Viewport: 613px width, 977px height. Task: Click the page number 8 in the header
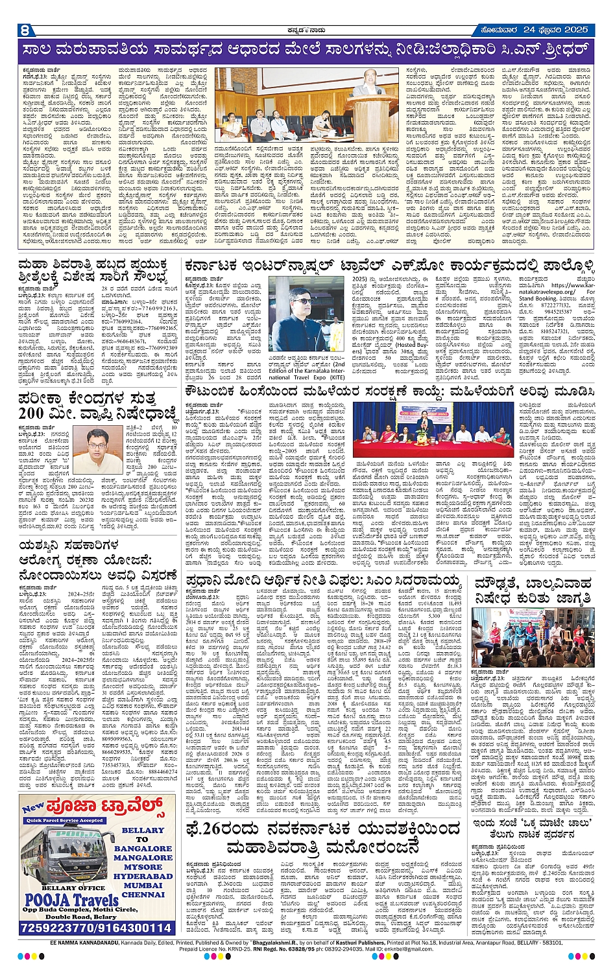coord(25,30)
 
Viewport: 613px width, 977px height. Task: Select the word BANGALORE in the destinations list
coord(143,848)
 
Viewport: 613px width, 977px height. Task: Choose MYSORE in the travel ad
coord(143,867)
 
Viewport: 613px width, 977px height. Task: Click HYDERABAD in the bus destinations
coord(143,876)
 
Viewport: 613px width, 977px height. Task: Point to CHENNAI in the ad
coord(143,895)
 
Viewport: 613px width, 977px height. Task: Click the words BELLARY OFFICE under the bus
coord(73,888)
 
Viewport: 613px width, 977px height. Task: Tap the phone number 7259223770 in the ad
coord(58,928)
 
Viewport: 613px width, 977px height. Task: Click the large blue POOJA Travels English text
coord(71,900)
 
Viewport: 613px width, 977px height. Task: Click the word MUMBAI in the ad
coord(143,886)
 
